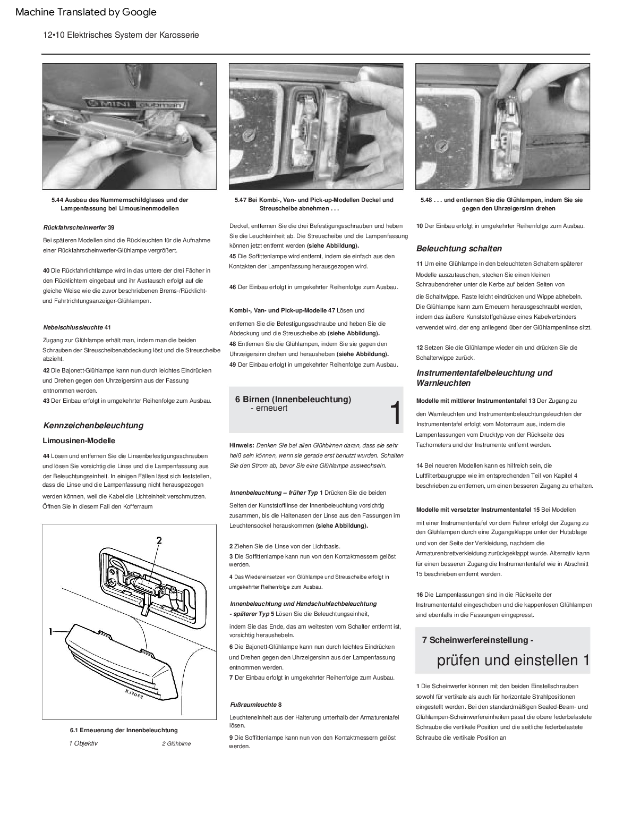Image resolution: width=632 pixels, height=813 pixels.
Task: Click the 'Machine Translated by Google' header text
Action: [86, 12]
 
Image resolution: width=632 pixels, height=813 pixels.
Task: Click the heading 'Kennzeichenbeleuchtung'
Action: [93, 425]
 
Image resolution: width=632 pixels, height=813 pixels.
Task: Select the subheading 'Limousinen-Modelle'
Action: [79, 441]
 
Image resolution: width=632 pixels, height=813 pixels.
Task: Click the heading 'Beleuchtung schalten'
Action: [459, 248]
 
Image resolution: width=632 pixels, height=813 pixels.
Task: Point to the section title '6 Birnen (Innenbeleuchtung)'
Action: [293, 399]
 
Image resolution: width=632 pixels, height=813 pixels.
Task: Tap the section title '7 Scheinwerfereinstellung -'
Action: [478, 640]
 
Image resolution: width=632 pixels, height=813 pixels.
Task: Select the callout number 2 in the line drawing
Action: [158, 540]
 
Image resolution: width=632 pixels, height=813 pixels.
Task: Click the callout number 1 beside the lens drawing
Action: [50, 631]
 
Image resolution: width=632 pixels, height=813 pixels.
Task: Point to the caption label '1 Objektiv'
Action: [83, 743]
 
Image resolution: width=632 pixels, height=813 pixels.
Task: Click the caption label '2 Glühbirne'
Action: [176, 743]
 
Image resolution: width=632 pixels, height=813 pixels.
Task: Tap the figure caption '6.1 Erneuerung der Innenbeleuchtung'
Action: [124, 730]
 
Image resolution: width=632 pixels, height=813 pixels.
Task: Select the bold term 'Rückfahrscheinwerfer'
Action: [74, 227]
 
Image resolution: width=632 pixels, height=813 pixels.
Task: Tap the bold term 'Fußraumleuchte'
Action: [253, 705]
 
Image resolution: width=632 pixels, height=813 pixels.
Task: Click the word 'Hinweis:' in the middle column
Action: [242, 445]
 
